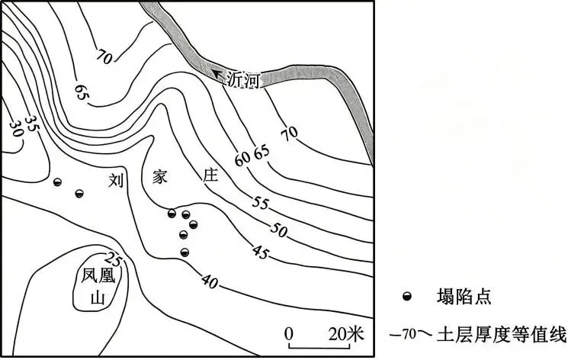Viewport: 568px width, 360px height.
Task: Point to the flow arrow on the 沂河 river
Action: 217,74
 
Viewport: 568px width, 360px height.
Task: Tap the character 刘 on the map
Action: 116,180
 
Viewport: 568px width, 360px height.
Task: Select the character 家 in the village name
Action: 160,176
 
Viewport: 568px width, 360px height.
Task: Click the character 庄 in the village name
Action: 210,175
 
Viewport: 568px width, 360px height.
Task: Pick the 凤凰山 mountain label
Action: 98,287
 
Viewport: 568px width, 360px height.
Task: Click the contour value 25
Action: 114,259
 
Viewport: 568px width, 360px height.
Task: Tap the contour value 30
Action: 15,129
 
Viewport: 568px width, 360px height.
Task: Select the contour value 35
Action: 32,124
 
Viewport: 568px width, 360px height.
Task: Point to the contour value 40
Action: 210,281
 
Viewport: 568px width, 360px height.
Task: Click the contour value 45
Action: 262,252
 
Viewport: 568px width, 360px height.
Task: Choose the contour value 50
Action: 278,230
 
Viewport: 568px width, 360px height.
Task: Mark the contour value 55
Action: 261,203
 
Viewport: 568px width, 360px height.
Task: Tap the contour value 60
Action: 242,159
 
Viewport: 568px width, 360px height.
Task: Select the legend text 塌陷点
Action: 464,296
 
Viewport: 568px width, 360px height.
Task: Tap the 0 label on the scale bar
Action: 289,324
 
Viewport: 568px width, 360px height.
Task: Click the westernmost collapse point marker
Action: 57,182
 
